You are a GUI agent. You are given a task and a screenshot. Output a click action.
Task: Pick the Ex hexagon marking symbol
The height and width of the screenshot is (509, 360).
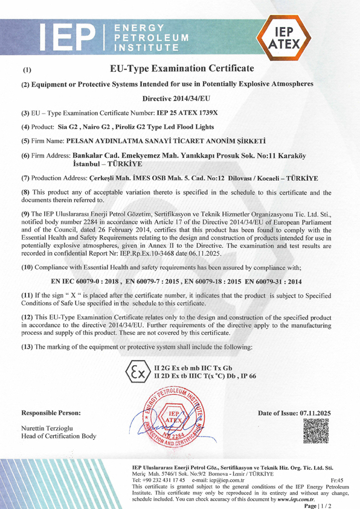tap(135, 372)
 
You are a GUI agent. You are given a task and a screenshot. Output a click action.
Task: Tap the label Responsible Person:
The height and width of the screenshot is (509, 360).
tap(51, 413)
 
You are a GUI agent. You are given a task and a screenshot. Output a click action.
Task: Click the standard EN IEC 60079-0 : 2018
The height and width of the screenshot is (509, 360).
tap(83, 282)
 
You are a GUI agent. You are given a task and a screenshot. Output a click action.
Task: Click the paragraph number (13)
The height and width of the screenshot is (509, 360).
tap(27, 346)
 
